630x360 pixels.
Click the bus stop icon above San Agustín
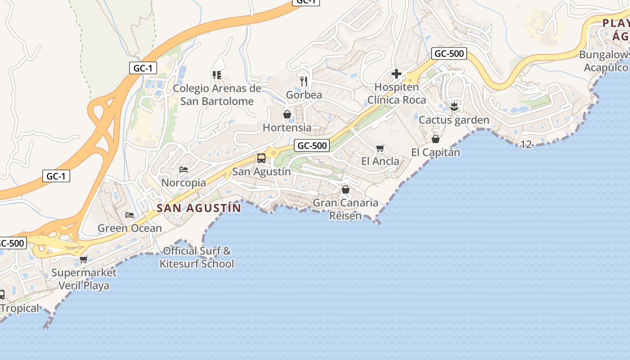tap(261, 158)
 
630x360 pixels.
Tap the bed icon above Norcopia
tap(184, 170)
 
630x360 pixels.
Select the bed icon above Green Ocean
tap(130, 215)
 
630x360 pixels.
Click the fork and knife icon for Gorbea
tap(304, 81)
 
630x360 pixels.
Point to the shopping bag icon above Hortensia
tap(287, 114)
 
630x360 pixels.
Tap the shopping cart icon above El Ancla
tap(380, 148)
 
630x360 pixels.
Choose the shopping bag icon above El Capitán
tap(436, 139)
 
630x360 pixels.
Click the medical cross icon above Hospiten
tap(396, 73)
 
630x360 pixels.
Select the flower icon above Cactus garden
tap(454, 107)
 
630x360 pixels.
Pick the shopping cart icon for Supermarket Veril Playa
tap(83, 259)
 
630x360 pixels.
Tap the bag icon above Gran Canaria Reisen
tap(346, 189)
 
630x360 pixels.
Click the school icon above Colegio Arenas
tap(217, 75)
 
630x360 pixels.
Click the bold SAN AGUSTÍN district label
tap(199, 208)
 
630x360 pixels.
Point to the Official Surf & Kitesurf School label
tap(197, 257)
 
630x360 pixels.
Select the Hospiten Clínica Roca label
tap(396, 93)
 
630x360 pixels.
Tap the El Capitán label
tap(436, 153)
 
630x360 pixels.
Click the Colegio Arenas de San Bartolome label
tap(217, 94)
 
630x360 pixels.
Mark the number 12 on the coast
tap(526, 144)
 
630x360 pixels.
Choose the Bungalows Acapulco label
tap(606, 61)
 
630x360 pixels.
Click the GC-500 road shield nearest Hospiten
tap(448, 54)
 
